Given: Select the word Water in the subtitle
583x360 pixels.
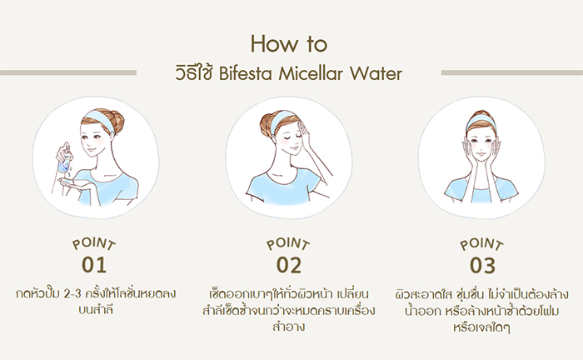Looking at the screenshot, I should (x=381, y=73).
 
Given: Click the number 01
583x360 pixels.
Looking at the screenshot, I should (x=95, y=265).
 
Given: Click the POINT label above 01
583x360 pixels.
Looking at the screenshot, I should (x=95, y=244).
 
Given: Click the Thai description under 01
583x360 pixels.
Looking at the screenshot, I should (x=95, y=301).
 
